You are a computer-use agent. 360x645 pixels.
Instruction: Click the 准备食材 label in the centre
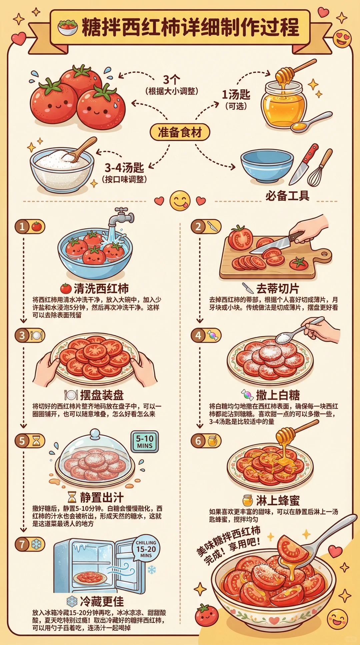pyautogui.click(x=180, y=132)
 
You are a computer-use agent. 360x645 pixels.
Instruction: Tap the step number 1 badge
pyautogui.click(x=22, y=227)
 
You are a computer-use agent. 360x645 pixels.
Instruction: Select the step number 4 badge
pyautogui.click(x=198, y=335)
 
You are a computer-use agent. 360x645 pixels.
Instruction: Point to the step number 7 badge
pyautogui.click(x=22, y=544)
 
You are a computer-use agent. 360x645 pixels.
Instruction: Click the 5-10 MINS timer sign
pyautogui.click(x=145, y=441)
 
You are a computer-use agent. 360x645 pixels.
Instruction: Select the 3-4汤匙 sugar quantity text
pyautogui.click(x=124, y=167)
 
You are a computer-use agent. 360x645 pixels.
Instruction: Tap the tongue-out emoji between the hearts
pyautogui.click(x=180, y=201)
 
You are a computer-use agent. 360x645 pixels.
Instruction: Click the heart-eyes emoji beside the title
pyautogui.click(x=342, y=38)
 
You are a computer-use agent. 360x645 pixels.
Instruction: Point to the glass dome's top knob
pyautogui.click(x=95, y=434)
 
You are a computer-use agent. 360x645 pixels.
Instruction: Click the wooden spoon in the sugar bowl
pyautogui.click(x=82, y=150)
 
